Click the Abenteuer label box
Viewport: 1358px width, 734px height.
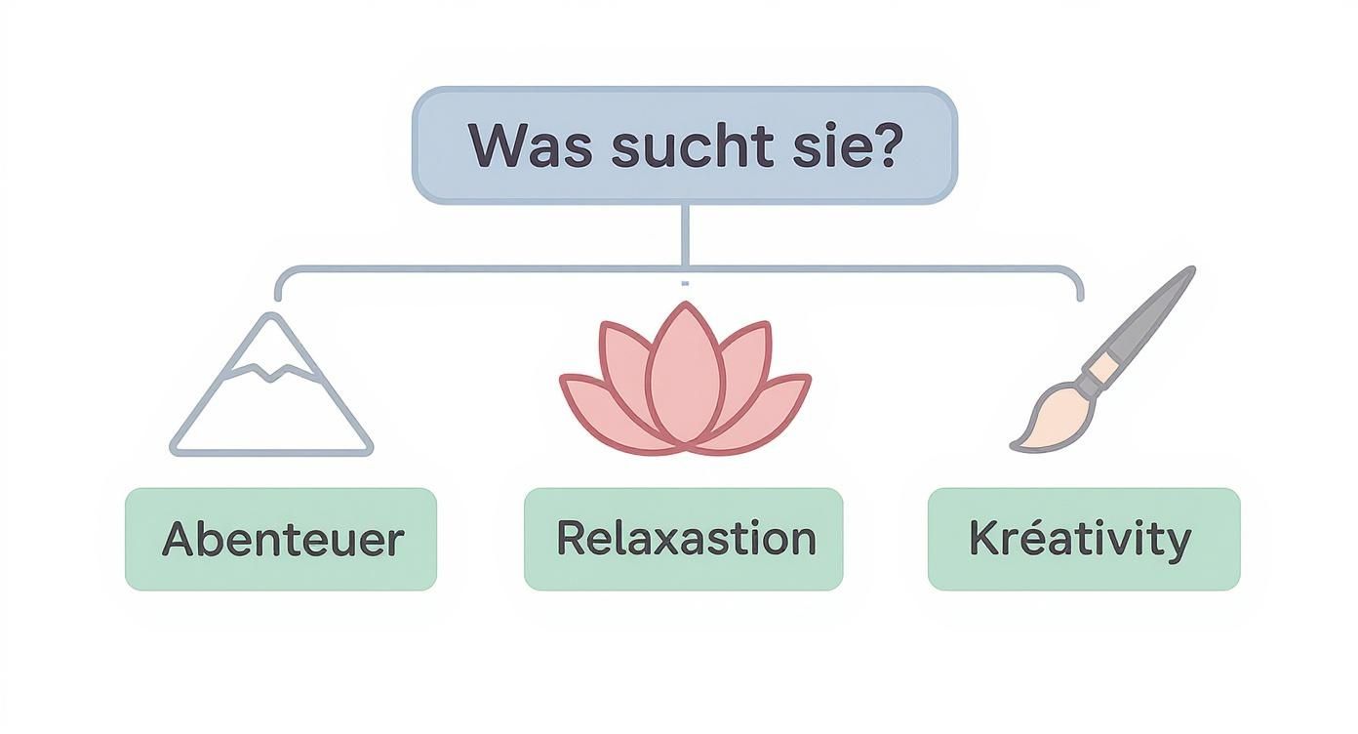click(281, 539)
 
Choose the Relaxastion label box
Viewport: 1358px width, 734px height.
click(683, 539)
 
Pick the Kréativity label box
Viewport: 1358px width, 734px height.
click(1083, 539)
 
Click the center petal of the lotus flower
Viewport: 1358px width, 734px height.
click(684, 376)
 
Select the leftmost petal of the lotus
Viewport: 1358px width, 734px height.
click(595, 405)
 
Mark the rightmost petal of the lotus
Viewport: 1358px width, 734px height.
click(773, 405)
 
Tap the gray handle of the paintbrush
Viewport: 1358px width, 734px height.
click(1151, 312)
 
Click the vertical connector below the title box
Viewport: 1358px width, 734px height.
click(684, 234)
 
